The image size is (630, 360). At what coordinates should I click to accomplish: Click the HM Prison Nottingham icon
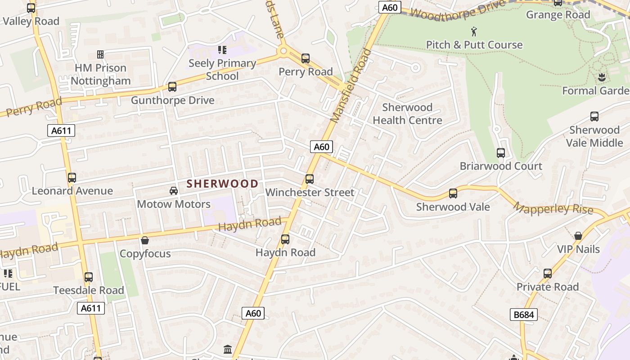[100, 54]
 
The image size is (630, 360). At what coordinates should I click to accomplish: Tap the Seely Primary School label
[222, 69]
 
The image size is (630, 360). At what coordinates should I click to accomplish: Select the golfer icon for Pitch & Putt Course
[474, 31]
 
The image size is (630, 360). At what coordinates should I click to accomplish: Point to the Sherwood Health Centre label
[407, 114]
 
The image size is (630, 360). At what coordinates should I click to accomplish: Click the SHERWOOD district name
[222, 184]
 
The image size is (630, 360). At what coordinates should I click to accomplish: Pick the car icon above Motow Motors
[174, 191]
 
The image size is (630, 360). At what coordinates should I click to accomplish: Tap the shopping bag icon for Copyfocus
[145, 240]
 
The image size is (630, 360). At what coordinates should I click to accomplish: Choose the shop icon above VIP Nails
[578, 236]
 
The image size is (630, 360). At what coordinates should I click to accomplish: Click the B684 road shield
[524, 315]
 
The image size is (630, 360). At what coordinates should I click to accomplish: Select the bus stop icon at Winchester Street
[310, 179]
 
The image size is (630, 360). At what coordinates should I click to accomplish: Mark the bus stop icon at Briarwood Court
[501, 153]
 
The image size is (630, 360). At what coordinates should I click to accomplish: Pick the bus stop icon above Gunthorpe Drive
[172, 87]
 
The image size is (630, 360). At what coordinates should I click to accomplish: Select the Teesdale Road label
[89, 290]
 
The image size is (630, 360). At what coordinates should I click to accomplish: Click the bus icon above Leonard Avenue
[72, 178]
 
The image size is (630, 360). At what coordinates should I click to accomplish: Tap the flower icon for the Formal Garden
[602, 77]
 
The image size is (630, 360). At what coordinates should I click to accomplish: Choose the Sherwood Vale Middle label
[594, 136]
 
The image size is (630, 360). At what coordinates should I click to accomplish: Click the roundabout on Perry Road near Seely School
[283, 51]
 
